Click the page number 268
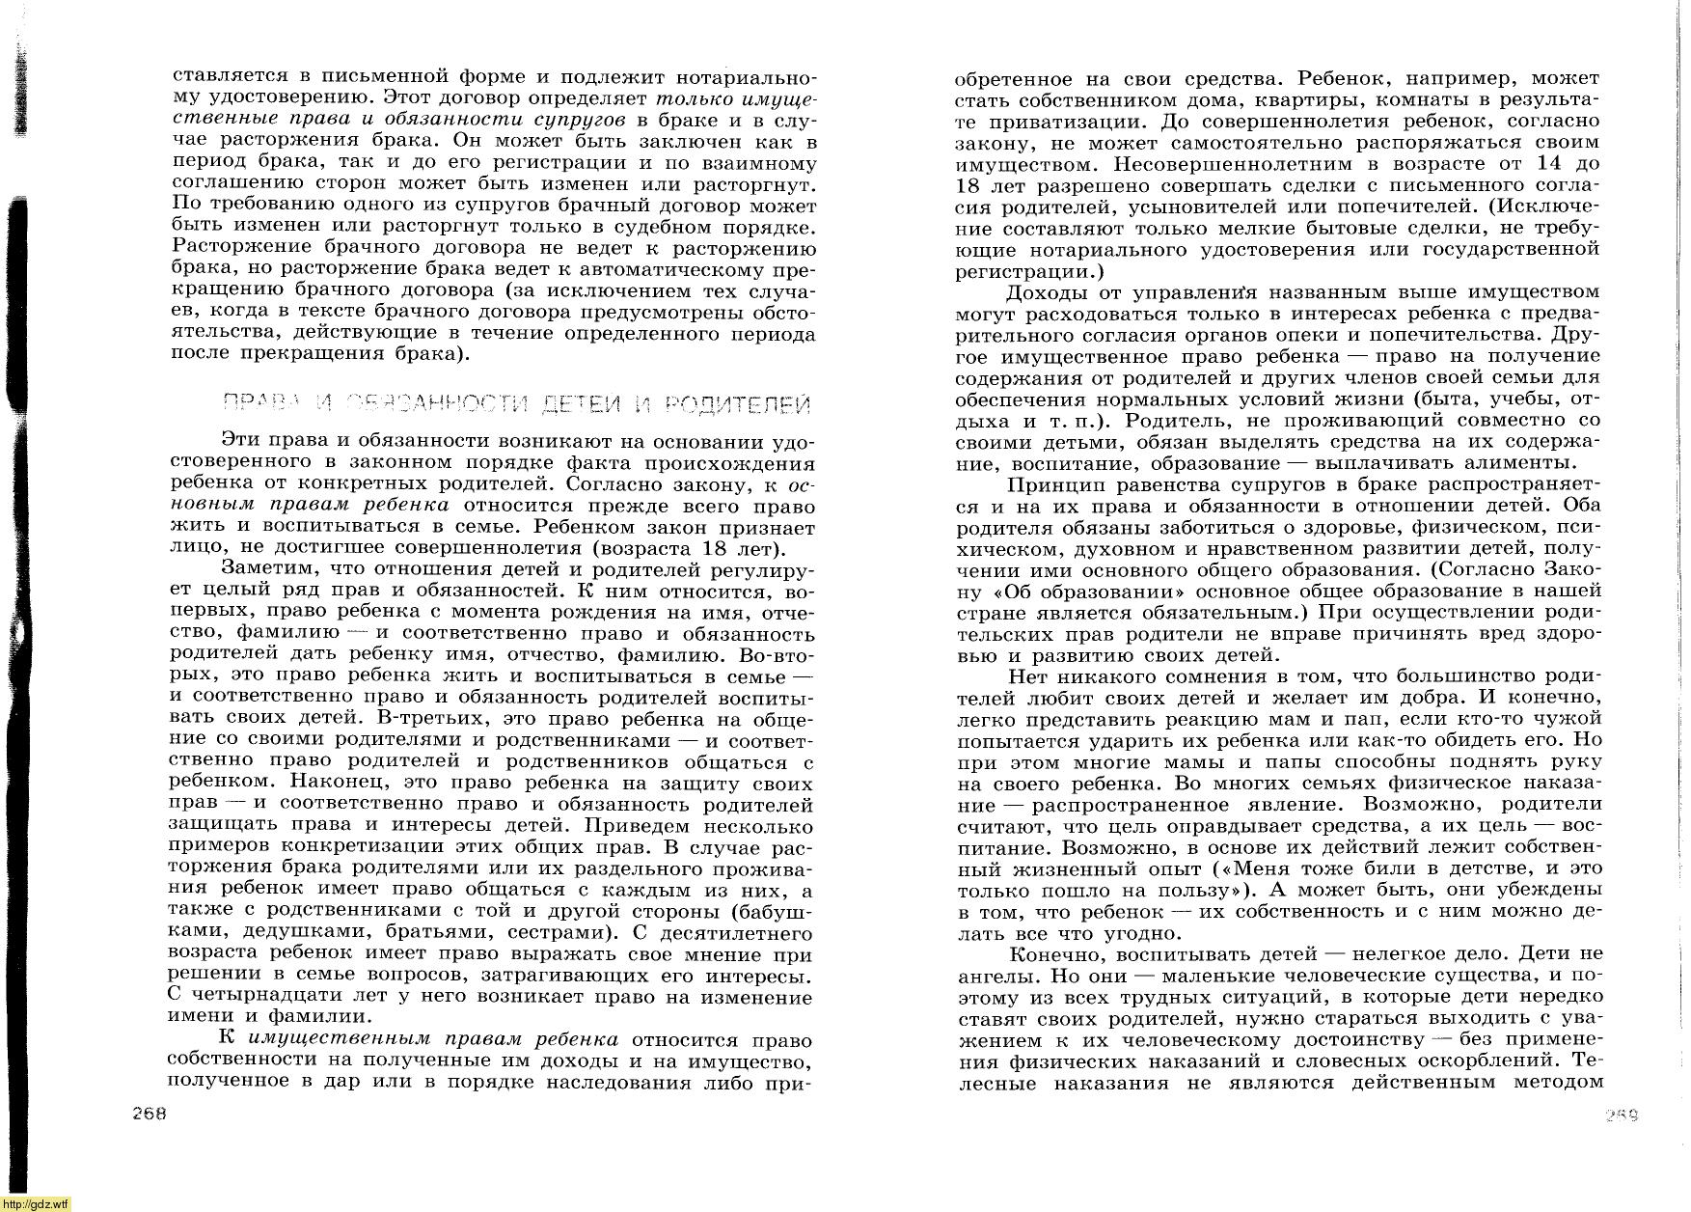150,1112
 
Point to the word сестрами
553,932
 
